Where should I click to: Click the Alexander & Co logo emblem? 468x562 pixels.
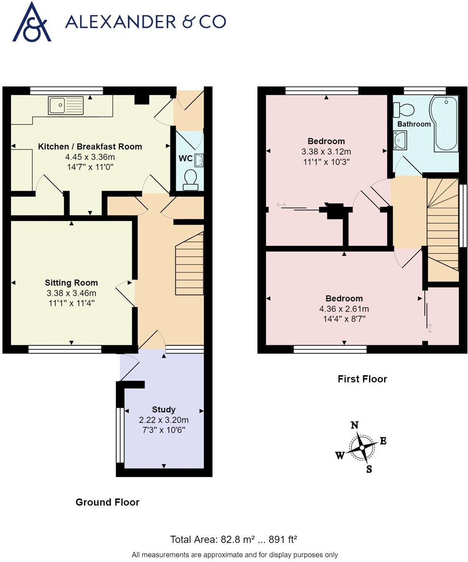pyautogui.click(x=32, y=23)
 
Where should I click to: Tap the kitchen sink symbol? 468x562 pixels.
pyautogui.click(x=66, y=105)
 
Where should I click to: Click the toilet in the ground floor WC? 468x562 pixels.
pyautogui.click(x=191, y=178)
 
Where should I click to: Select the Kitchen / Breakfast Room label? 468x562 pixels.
pyautogui.click(x=90, y=147)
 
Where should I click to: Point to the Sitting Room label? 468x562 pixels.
pyautogui.click(x=71, y=283)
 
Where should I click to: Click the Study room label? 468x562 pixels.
pyautogui.click(x=163, y=409)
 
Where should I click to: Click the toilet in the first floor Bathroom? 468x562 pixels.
pyautogui.click(x=404, y=110)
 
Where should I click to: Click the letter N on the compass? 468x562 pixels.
pyautogui.click(x=354, y=425)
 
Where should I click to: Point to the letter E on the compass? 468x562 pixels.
pyautogui.click(x=383, y=441)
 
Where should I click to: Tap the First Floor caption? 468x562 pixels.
pyautogui.click(x=362, y=379)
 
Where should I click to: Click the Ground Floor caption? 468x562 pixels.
pyautogui.click(x=107, y=502)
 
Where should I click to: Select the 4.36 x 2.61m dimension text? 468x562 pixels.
pyautogui.click(x=344, y=309)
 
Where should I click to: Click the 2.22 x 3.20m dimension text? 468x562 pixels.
pyautogui.click(x=163, y=420)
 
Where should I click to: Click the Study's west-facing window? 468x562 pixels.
pyautogui.click(x=120, y=435)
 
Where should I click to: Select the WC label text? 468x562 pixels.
pyautogui.click(x=186, y=158)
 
